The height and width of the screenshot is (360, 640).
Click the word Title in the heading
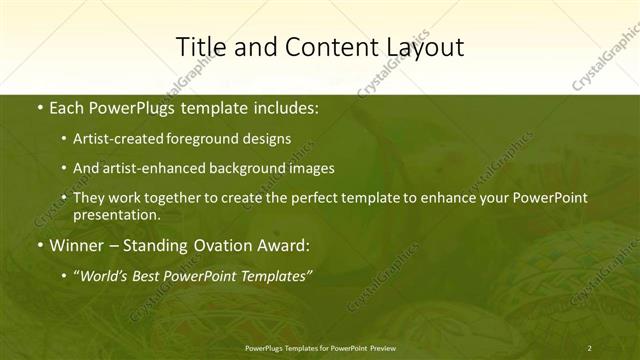[x=198, y=47]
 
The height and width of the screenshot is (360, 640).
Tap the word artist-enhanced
[x=154, y=168]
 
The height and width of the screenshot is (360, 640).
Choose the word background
[x=246, y=168]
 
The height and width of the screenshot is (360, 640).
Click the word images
[x=310, y=168]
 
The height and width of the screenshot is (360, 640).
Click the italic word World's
[x=104, y=275]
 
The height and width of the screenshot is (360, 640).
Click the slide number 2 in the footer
[x=590, y=347]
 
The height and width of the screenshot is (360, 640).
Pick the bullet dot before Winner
[x=39, y=245]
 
